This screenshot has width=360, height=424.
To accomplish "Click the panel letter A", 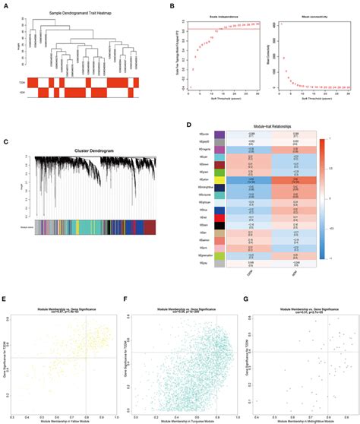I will pos(6,7).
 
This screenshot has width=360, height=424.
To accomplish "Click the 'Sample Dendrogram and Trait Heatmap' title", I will pos(81,15).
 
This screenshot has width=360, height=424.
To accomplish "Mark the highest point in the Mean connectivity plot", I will pos(279,25).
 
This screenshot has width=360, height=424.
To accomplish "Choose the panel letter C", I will pos(6,141).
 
